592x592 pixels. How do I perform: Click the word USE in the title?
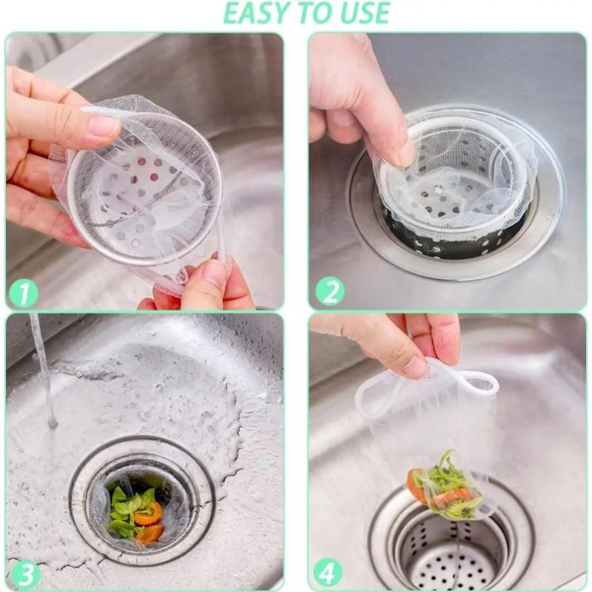click(363, 13)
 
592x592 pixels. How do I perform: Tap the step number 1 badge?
click(24, 294)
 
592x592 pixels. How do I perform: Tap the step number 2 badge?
click(330, 291)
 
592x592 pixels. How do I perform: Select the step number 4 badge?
click(327, 573)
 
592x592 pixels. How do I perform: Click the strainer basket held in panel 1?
click(144, 196)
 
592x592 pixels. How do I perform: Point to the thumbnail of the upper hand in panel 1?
click(104, 125)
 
